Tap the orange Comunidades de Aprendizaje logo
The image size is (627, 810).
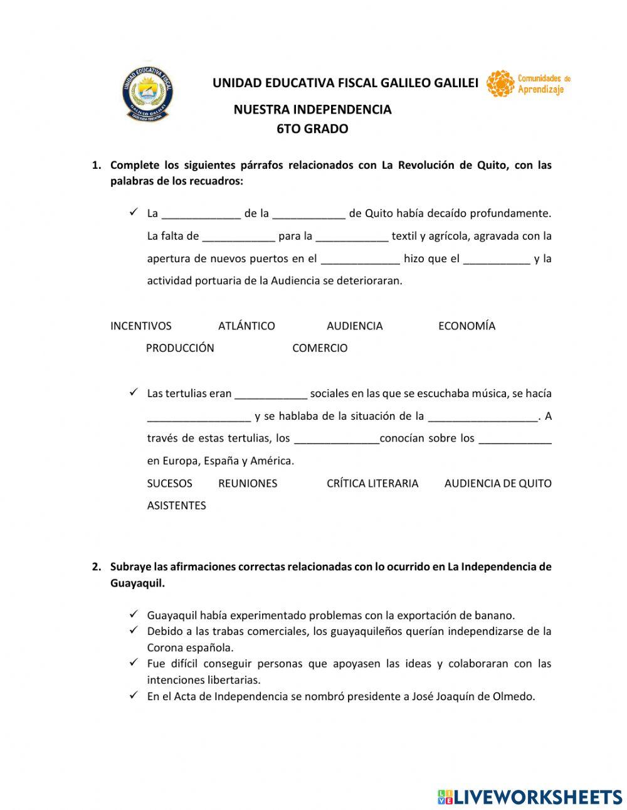[528, 83]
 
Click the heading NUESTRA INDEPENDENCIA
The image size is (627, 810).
[312, 109]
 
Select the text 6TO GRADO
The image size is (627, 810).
[312, 129]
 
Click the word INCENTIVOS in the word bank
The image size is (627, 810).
[140, 326]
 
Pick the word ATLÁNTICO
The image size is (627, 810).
[246, 326]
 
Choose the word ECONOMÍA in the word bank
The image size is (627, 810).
[466, 326]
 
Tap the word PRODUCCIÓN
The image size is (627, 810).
[180, 348]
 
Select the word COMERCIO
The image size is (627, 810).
[320, 348]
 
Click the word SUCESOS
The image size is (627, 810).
[169, 483]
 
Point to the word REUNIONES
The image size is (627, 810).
[248, 483]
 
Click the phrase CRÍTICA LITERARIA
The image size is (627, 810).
[372, 483]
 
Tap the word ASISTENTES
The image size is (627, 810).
[176, 505]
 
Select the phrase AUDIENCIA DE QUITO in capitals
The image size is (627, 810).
[498, 483]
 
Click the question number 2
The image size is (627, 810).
[96, 567]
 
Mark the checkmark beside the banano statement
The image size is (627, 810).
[134, 614]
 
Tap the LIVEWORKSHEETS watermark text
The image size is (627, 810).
[538, 797]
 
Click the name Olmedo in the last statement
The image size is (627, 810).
[515, 696]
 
